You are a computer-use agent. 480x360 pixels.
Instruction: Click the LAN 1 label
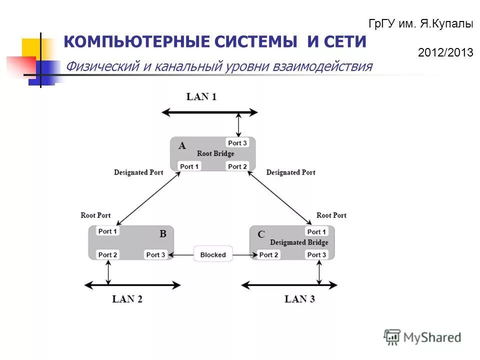tap(201, 96)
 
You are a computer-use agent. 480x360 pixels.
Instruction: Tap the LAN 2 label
tap(127, 299)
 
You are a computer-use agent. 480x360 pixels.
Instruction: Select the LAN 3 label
tap(299, 299)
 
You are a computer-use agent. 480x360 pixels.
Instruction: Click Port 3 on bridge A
tap(237, 143)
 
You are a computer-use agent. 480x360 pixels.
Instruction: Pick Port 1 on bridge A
tap(189, 166)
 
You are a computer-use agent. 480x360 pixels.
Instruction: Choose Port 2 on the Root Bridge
tap(237, 166)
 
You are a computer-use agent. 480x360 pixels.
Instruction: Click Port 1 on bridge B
tap(108, 231)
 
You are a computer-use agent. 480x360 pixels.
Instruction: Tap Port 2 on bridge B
tap(108, 254)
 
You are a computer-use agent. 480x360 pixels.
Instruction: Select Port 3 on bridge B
tap(155, 254)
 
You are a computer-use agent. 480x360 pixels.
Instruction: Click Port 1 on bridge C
tap(316, 231)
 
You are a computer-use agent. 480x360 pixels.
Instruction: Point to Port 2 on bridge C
tap(268, 254)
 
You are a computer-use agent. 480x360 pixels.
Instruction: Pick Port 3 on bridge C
tap(316, 254)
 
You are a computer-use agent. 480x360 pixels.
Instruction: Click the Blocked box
tap(213, 254)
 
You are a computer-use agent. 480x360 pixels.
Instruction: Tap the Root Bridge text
tap(215, 153)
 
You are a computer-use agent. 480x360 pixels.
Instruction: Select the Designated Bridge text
tap(299, 242)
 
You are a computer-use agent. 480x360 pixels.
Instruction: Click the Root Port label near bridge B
tap(95, 215)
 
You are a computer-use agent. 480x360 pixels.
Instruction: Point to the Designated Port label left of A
tap(138, 172)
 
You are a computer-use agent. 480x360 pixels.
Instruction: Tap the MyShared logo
tap(422, 337)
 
